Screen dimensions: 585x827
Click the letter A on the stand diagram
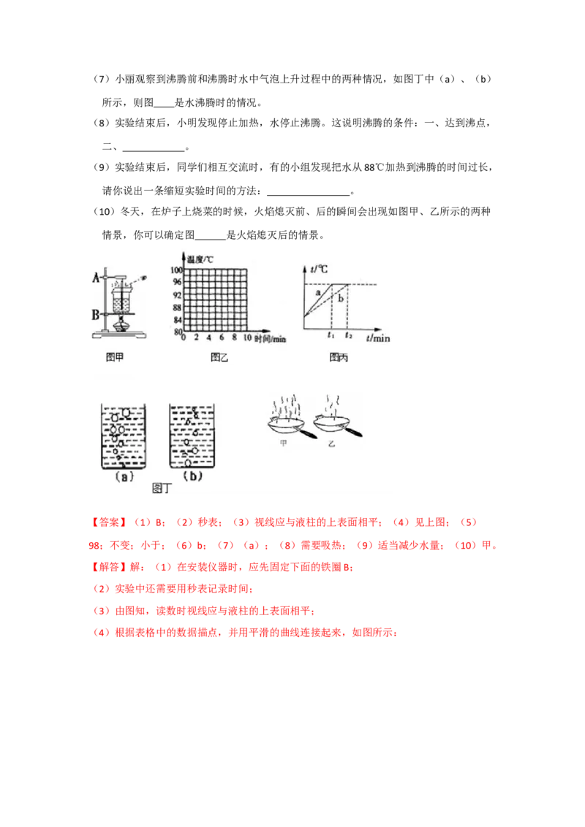coord(97,277)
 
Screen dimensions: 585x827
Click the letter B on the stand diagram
coord(96,315)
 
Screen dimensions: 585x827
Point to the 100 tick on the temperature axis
coord(175,270)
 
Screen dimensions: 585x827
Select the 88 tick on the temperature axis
coord(178,308)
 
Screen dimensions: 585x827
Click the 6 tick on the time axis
coord(222,338)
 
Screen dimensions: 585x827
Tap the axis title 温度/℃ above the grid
coord(200,259)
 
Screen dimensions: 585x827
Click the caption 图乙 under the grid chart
coord(219,357)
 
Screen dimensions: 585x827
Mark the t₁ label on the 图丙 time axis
coord(331,335)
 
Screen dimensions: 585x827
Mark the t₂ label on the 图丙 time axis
coord(349,335)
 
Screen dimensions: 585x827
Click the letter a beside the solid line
coord(318,292)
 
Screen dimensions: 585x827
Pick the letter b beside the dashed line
coord(341,299)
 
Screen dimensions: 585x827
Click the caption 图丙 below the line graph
coord(339,357)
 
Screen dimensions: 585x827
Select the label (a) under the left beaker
coord(124,477)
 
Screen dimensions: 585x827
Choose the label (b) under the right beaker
coord(192,476)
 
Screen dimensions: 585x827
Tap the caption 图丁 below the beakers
coord(162,489)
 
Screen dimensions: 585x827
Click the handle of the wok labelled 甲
coord(307,433)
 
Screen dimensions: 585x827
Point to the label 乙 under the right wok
coord(331,444)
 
